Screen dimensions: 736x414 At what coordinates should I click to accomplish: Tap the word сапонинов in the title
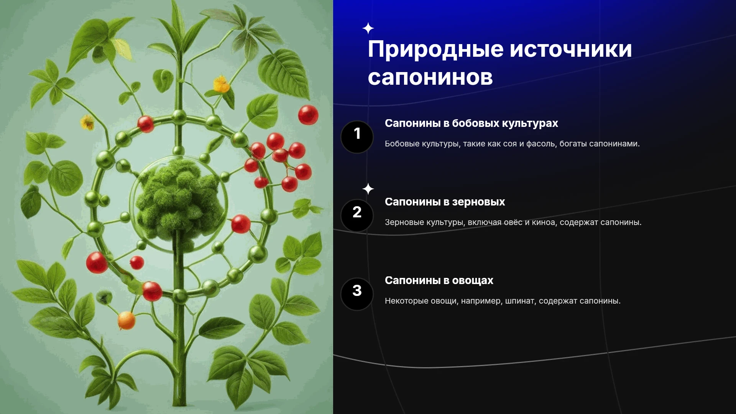point(430,77)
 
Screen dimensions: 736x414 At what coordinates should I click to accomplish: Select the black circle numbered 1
point(357,137)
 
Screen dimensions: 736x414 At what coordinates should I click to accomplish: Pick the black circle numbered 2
point(357,215)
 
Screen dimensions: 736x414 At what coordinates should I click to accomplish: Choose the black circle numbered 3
point(357,294)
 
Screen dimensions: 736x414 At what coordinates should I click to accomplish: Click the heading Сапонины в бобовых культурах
point(471,123)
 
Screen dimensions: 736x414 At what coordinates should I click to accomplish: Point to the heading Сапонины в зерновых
point(445,202)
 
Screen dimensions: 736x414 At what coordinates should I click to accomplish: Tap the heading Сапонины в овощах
point(439,281)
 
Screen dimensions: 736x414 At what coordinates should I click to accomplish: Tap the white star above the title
point(368,28)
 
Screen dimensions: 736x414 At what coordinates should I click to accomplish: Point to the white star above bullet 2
point(368,189)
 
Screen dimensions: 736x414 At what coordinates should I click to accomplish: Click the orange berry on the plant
point(126,320)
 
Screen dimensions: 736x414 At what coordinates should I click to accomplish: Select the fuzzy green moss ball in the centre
point(179,201)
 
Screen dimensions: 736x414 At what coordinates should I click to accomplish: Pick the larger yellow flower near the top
point(221,84)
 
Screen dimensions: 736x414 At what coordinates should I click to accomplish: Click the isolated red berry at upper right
point(308,115)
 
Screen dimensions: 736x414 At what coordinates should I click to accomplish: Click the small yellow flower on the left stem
point(87,122)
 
